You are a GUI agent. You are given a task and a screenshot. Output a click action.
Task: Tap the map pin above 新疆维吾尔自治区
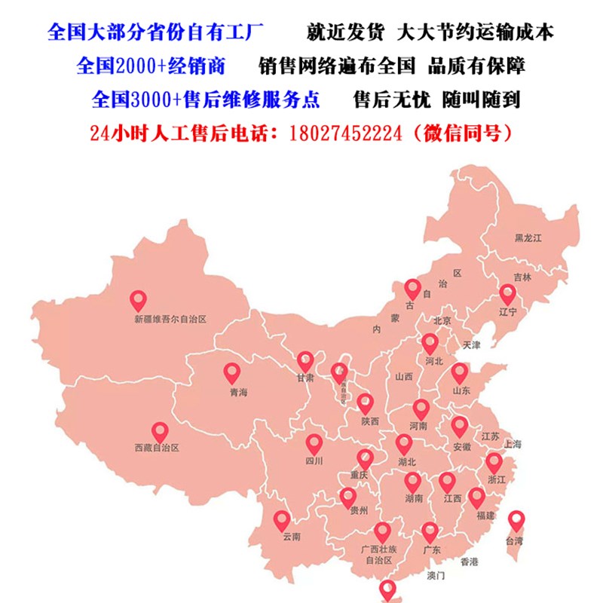point(138,301)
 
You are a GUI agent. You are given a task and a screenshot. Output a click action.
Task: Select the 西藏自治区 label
point(156,448)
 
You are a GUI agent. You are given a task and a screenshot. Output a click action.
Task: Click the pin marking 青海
point(232,372)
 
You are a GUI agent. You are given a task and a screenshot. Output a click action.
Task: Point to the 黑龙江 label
point(528,237)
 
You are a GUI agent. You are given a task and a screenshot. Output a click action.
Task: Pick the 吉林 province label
point(522,277)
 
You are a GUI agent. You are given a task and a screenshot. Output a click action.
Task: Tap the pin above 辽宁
point(507,294)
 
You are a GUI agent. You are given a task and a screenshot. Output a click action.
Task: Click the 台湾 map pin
point(516,520)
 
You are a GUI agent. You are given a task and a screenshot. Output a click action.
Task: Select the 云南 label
point(291,537)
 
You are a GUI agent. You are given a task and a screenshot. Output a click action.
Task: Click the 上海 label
point(513,444)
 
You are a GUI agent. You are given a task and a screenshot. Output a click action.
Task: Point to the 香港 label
point(469,561)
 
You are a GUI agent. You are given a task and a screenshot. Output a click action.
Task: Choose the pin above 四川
point(314,444)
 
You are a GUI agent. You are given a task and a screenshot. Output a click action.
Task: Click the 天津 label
point(472,344)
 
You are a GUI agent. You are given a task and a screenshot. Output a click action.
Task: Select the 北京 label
point(442,320)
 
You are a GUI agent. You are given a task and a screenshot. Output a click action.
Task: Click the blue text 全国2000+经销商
point(151,66)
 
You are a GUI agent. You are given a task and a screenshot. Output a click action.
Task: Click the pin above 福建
point(476,497)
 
